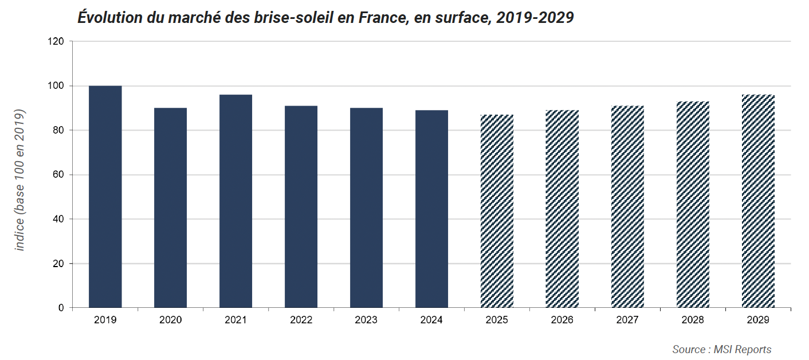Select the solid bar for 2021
coord(235,201)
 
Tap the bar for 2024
coord(431,209)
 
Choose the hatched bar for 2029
coord(758,201)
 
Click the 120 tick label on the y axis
coord(56,41)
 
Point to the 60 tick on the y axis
coord(58,175)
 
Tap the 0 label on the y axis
coord(61,308)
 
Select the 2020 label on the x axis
coord(170,320)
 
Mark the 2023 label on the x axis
coord(366,320)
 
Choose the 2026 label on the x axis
coord(562,320)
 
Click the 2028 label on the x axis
coord(693,320)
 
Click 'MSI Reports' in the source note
coord(743,349)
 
